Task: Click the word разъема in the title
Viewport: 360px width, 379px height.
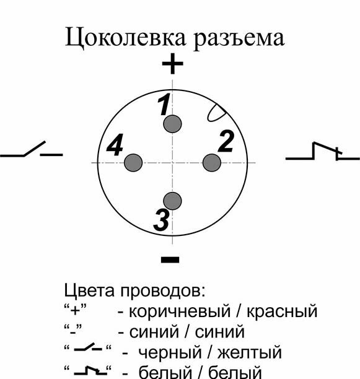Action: tap(239, 38)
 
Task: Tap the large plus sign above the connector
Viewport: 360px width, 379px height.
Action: tap(172, 64)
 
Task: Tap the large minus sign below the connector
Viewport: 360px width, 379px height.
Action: tap(170, 259)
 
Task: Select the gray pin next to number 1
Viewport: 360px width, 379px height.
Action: tap(172, 124)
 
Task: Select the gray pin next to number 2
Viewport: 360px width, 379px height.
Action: tap(212, 163)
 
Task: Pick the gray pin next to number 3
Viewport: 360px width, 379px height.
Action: tap(172, 201)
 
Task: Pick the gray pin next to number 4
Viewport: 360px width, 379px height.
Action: tap(133, 163)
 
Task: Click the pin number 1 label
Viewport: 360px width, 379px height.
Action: tap(164, 105)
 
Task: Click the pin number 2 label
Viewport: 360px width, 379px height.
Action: tap(226, 141)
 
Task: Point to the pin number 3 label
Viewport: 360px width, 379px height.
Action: tap(161, 220)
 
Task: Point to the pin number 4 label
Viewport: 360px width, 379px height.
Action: tap(115, 144)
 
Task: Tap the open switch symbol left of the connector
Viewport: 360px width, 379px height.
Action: tap(32, 149)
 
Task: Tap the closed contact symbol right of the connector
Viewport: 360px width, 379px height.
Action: tap(323, 151)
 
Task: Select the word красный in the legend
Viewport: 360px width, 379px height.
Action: tap(282, 311)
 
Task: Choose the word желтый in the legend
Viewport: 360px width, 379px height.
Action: tap(250, 352)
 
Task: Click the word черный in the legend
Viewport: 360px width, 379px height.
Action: tap(170, 352)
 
